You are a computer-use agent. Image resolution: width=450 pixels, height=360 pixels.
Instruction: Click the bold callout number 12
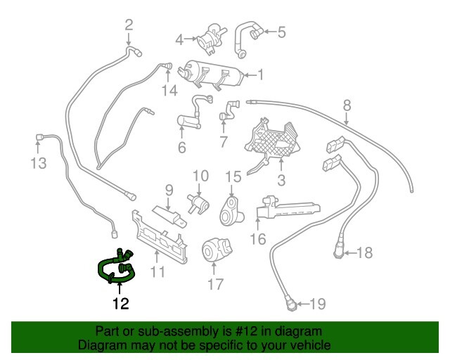pos(121,304)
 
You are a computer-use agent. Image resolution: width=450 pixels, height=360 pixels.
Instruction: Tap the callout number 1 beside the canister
pos(260,75)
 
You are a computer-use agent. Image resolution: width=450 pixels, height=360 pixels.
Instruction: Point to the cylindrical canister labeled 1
pos(211,75)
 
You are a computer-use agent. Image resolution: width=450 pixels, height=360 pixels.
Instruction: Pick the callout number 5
pos(281,32)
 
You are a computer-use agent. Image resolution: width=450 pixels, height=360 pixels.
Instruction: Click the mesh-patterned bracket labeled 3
pos(273,143)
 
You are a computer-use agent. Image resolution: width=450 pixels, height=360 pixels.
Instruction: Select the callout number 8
pos(347,105)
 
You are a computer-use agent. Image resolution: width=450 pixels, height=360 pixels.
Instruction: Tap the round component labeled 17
pos(217,250)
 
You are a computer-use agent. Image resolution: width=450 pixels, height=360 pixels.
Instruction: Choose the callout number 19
pos(318,304)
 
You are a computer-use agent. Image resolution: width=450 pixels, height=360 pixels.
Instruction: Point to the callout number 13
pos(39,163)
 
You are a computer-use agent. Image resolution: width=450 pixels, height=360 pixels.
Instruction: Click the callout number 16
pos(258,239)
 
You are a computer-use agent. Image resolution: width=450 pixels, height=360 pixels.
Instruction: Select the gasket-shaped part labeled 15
pos(231,212)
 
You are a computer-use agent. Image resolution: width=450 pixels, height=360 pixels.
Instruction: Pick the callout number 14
pos(170,91)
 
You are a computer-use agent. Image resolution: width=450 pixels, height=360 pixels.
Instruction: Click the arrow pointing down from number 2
pos(129,39)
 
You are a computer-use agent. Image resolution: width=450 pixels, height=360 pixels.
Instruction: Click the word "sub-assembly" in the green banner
pos(178,331)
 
